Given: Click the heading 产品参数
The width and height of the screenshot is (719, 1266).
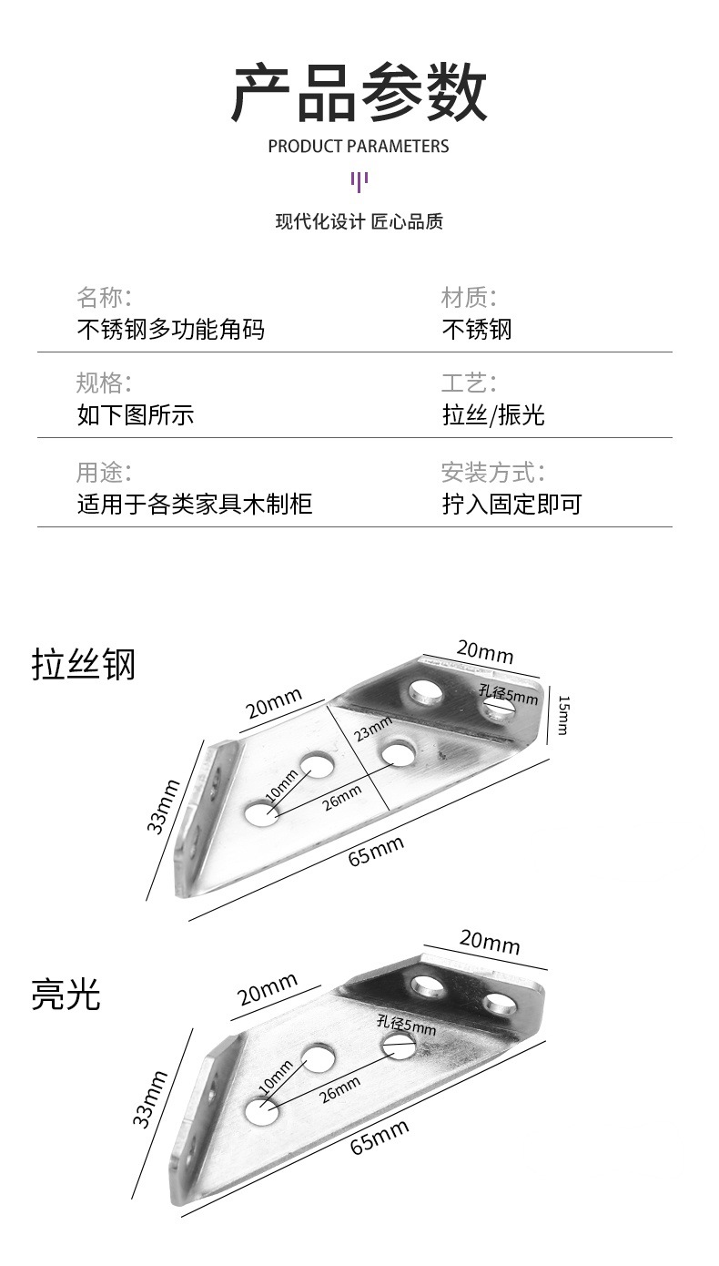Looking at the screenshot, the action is pyautogui.click(x=359, y=93).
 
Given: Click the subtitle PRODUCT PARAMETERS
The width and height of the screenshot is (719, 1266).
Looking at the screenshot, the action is pyautogui.click(x=359, y=146).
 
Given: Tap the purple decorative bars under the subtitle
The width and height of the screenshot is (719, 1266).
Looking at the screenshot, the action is pyautogui.click(x=359, y=180).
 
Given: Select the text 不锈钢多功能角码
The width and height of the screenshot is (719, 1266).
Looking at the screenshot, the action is pyautogui.click(x=170, y=329).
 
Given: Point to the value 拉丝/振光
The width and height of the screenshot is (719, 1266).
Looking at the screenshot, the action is pyautogui.click(x=493, y=415).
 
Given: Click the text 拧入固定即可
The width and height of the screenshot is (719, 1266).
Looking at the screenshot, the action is pyautogui.click(x=511, y=504).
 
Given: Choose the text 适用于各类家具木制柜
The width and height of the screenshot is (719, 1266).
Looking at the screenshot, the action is pyautogui.click(x=194, y=504).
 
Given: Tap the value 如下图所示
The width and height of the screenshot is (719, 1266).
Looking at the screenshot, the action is pyautogui.click(x=135, y=415).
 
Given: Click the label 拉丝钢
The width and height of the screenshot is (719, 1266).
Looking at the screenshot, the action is pyautogui.click(x=84, y=664).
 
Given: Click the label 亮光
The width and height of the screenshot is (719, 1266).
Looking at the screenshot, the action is pyautogui.click(x=66, y=994).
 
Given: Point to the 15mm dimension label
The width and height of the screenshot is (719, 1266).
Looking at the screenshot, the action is pyautogui.click(x=563, y=715).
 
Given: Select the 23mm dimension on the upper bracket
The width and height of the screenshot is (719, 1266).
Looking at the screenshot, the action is pyautogui.click(x=373, y=729).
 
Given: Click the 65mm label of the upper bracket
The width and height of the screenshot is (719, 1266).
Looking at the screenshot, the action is pyautogui.click(x=376, y=853).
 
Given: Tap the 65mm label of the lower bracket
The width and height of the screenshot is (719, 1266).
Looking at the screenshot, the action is pyautogui.click(x=380, y=1138).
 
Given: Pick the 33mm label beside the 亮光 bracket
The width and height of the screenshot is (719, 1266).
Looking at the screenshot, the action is pyautogui.click(x=151, y=1099).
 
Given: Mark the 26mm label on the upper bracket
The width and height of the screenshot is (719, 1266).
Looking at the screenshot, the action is pyautogui.click(x=341, y=795).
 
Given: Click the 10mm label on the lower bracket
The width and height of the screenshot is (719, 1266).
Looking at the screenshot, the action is pyautogui.click(x=277, y=1077).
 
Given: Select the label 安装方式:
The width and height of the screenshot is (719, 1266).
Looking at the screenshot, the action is pyautogui.click(x=492, y=472).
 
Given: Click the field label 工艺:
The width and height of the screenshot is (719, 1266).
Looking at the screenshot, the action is pyautogui.click(x=469, y=383).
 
